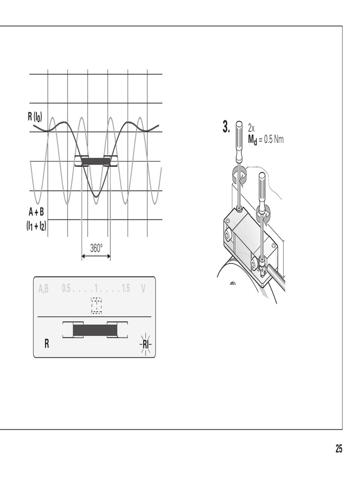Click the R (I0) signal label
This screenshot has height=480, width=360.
pos(35,117)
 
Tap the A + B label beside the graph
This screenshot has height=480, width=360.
pos(36,212)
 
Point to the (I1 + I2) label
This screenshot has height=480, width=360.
pos(36,226)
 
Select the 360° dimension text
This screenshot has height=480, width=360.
pos(96,248)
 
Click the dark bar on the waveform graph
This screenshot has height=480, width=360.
pos(96,161)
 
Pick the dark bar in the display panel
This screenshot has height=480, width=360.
pos(95,330)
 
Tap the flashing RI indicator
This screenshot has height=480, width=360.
pos(146,344)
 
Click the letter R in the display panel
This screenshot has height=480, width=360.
pos(46,344)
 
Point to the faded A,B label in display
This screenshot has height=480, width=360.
pos(44,288)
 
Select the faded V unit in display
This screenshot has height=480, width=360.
pos(143,288)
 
